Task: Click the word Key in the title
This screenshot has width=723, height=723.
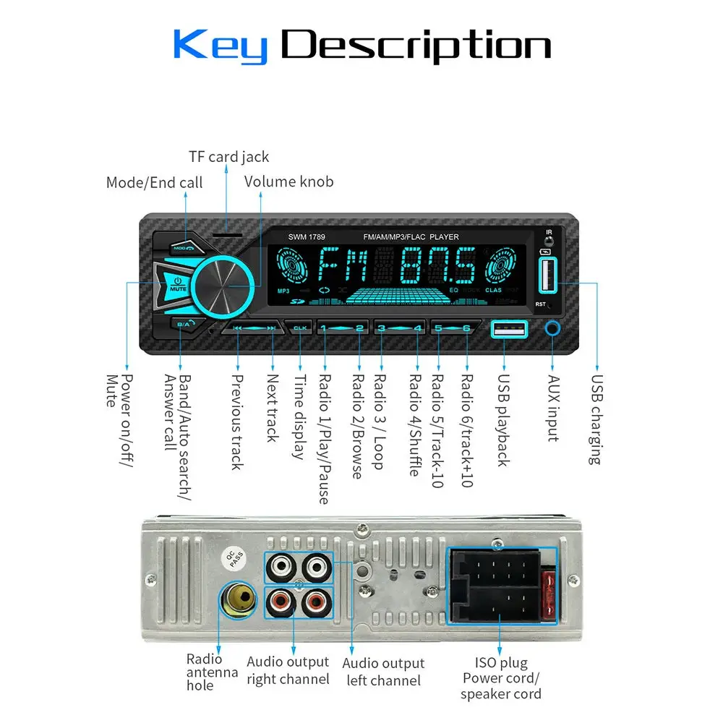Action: pyautogui.click(x=220, y=47)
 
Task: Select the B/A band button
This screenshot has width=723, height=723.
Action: pyautogui.click(x=184, y=324)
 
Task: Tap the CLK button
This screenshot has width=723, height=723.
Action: pyautogui.click(x=300, y=328)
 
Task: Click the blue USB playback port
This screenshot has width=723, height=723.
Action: pyautogui.click(x=509, y=330)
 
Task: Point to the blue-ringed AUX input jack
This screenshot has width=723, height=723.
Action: pyautogui.click(x=554, y=329)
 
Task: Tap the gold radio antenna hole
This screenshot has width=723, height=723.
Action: pyautogui.click(x=239, y=599)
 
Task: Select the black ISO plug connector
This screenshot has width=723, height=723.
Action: pyautogui.click(x=502, y=586)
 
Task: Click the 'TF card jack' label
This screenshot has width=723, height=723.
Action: pyautogui.click(x=228, y=157)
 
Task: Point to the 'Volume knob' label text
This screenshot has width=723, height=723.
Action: pyautogui.click(x=288, y=181)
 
